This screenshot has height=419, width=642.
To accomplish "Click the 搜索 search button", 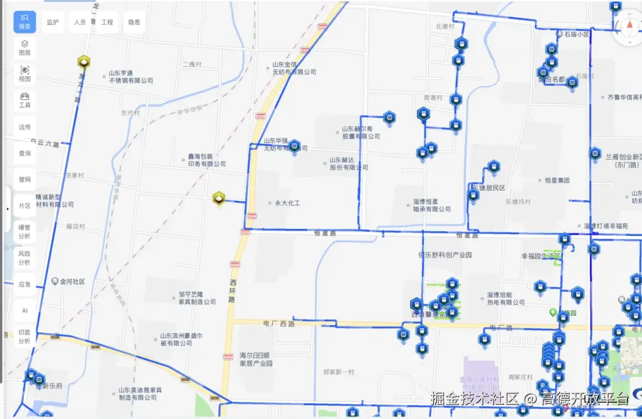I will click(x=24, y=22).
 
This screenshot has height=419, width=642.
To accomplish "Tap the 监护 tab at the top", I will click(x=53, y=22).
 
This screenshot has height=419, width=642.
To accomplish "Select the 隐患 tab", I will click(x=134, y=22).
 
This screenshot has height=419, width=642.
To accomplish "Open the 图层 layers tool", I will click(x=24, y=48).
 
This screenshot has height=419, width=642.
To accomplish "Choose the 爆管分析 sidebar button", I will click(x=24, y=231).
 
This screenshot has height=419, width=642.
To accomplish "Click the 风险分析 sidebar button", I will click(x=24, y=258).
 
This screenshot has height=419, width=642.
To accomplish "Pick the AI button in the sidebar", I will click(x=24, y=310).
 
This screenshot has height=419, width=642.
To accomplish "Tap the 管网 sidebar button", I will click(x=24, y=179).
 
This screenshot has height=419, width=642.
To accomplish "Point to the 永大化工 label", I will click(x=287, y=203).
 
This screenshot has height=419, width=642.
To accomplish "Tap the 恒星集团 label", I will click(x=557, y=180).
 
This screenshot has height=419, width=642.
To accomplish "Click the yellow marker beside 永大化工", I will click(x=219, y=199).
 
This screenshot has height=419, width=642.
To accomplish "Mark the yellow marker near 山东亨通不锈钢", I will click(x=84, y=62).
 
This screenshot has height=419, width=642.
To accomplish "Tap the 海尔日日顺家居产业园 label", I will click(x=256, y=359).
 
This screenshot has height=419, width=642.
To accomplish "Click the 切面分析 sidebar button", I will click(x=24, y=336).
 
